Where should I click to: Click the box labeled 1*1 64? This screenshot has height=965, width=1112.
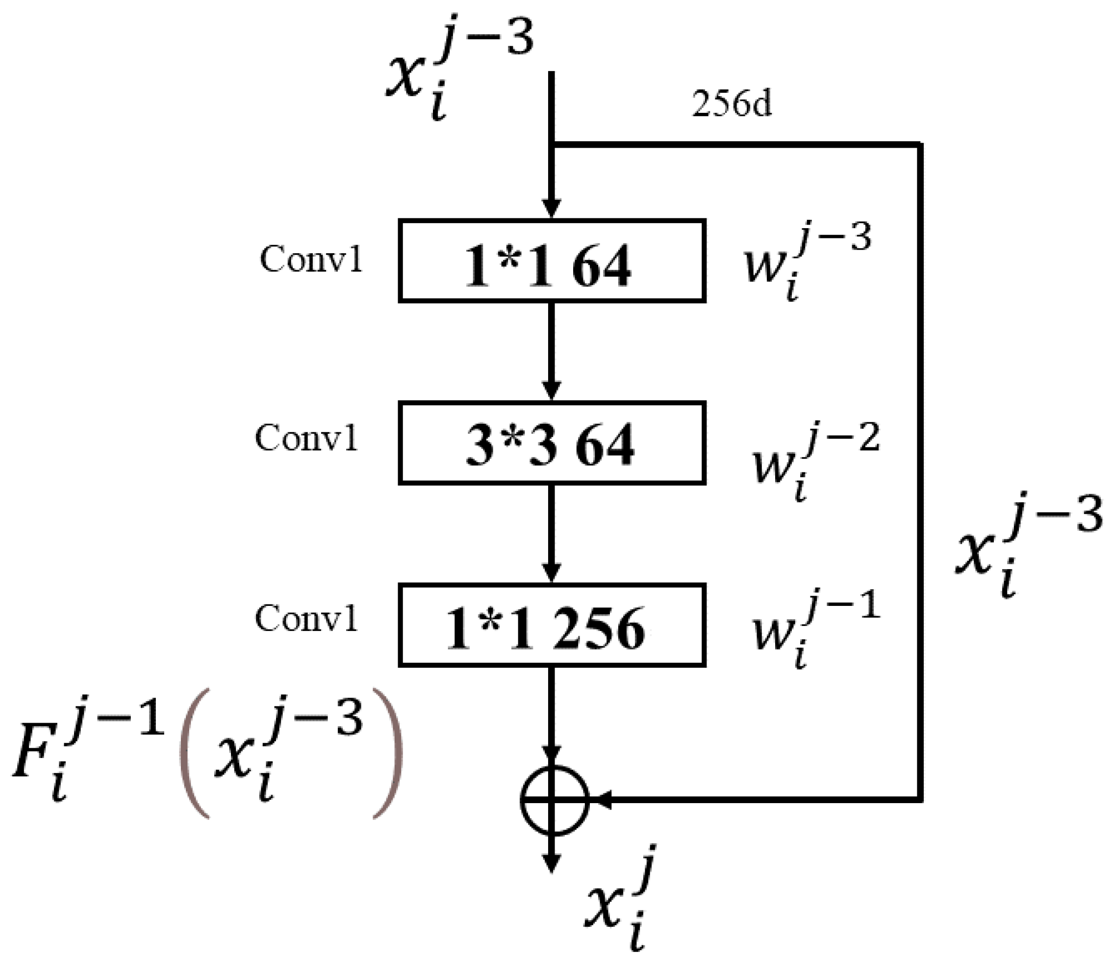click(552, 261)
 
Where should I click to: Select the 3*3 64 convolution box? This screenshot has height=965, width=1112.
click(552, 443)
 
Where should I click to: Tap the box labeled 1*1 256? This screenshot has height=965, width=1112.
click(552, 625)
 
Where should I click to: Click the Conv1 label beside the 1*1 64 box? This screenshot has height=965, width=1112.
click(311, 259)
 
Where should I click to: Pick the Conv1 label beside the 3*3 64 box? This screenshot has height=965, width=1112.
click(306, 438)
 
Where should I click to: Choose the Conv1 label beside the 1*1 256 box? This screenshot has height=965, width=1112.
click(306, 618)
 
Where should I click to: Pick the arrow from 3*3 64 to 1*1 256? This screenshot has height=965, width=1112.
click(551, 533)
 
